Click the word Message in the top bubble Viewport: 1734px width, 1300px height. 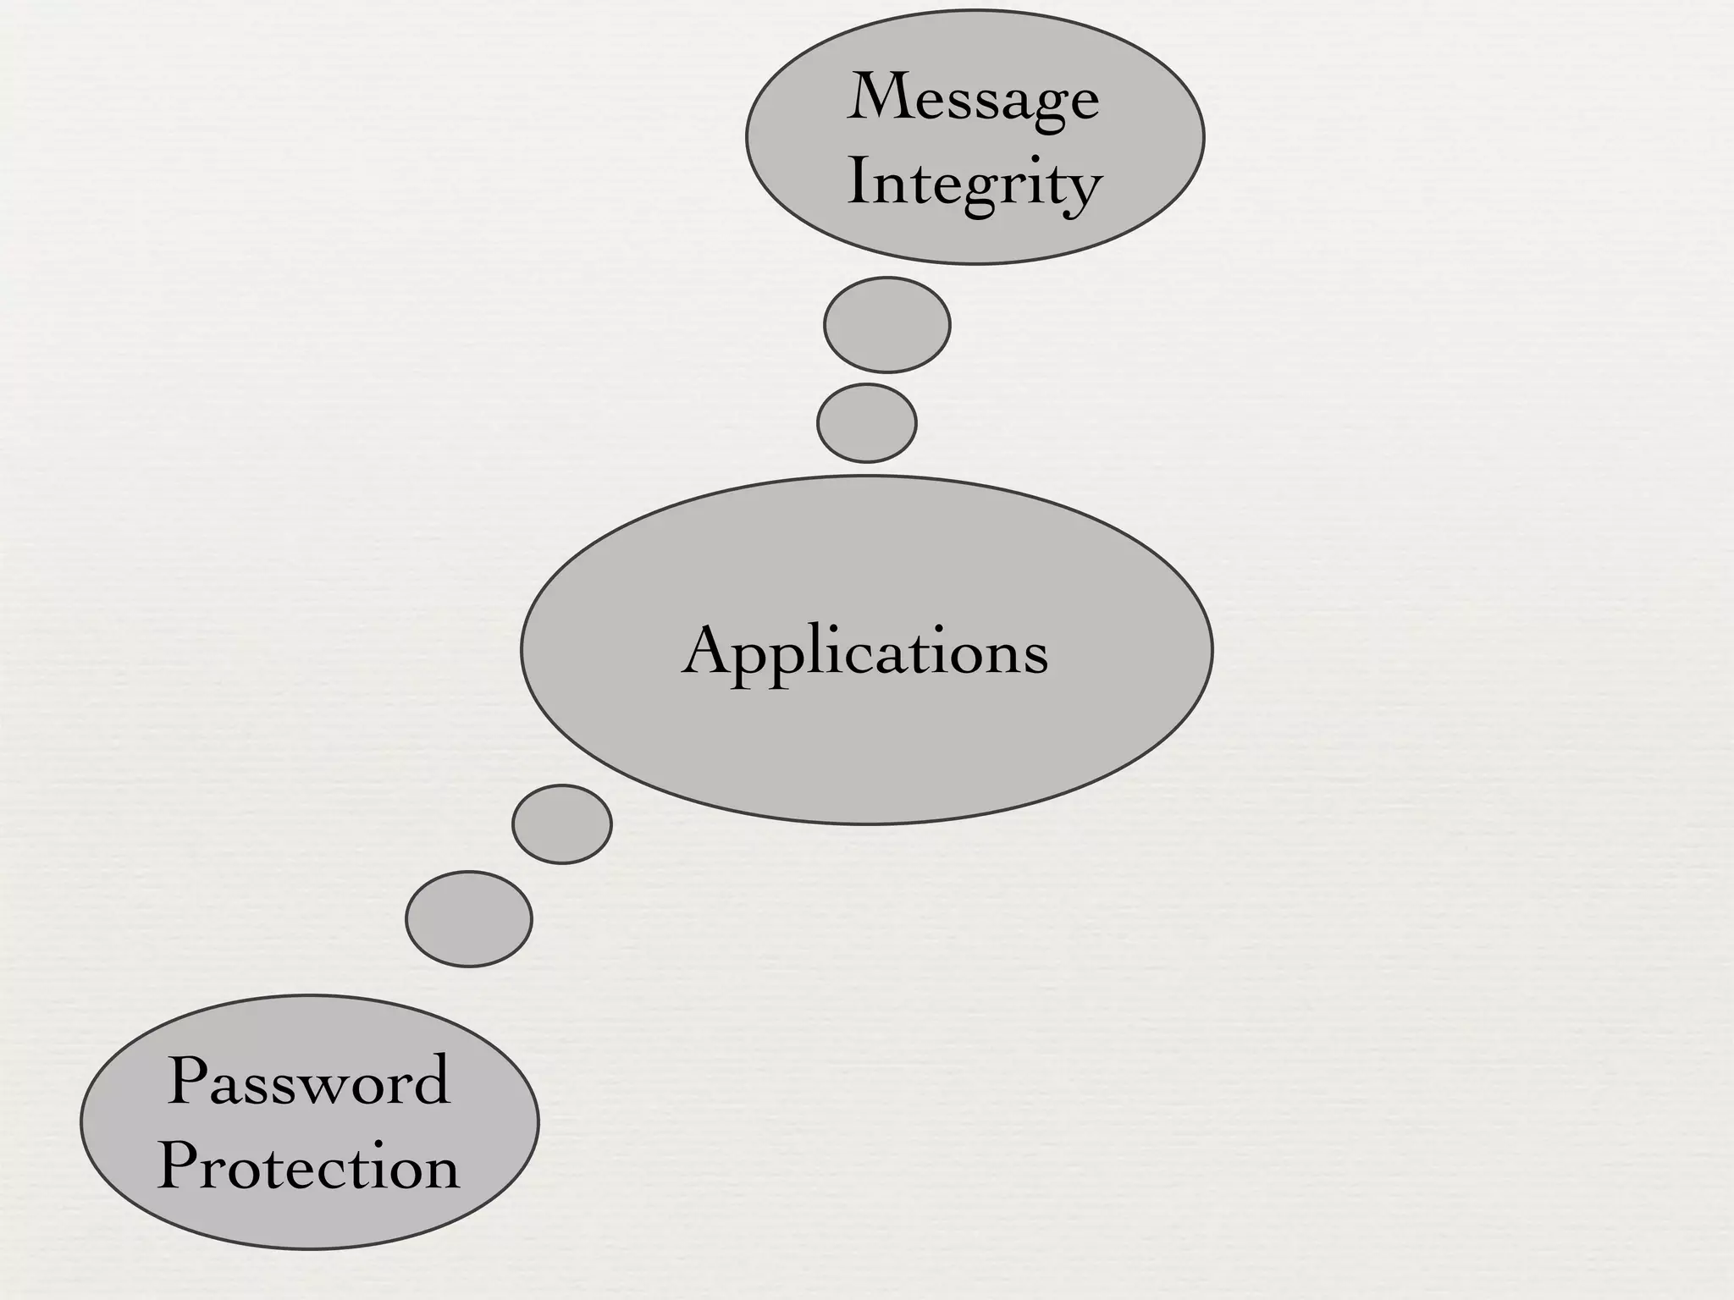[974, 100]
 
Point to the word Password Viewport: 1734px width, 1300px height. [309, 1082]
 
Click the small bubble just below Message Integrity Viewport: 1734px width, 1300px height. [887, 325]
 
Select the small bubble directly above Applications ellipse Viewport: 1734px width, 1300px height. [867, 423]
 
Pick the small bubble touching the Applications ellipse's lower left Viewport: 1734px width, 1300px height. [562, 824]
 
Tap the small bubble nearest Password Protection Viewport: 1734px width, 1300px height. [469, 919]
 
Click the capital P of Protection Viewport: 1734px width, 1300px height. [179, 1166]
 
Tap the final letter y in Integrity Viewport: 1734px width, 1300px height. [1083, 191]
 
